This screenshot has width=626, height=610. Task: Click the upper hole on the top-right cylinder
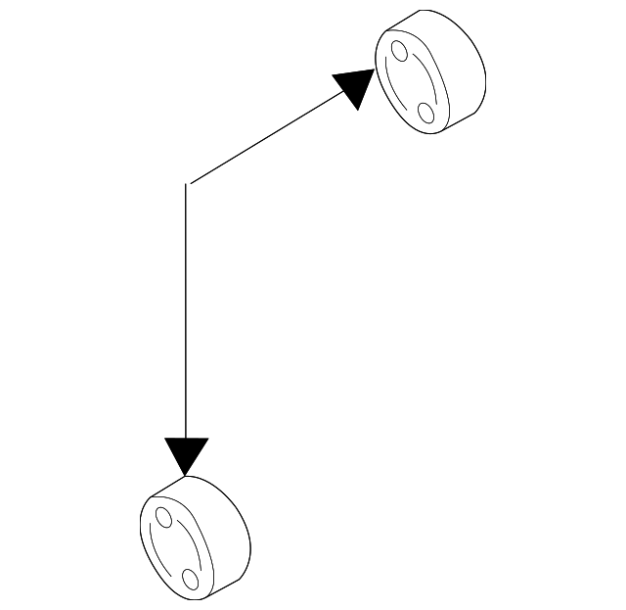click(398, 51)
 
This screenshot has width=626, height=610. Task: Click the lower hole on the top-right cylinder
click(426, 112)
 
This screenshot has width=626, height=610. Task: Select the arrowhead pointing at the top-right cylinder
click(355, 87)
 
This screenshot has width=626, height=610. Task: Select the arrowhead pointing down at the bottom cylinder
click(186, 454)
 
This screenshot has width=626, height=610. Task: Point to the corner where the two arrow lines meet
click(187, 184)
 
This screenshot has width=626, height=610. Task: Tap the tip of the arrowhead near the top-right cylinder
click(376, 70)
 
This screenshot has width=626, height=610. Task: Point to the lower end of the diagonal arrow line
click(192, 182)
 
